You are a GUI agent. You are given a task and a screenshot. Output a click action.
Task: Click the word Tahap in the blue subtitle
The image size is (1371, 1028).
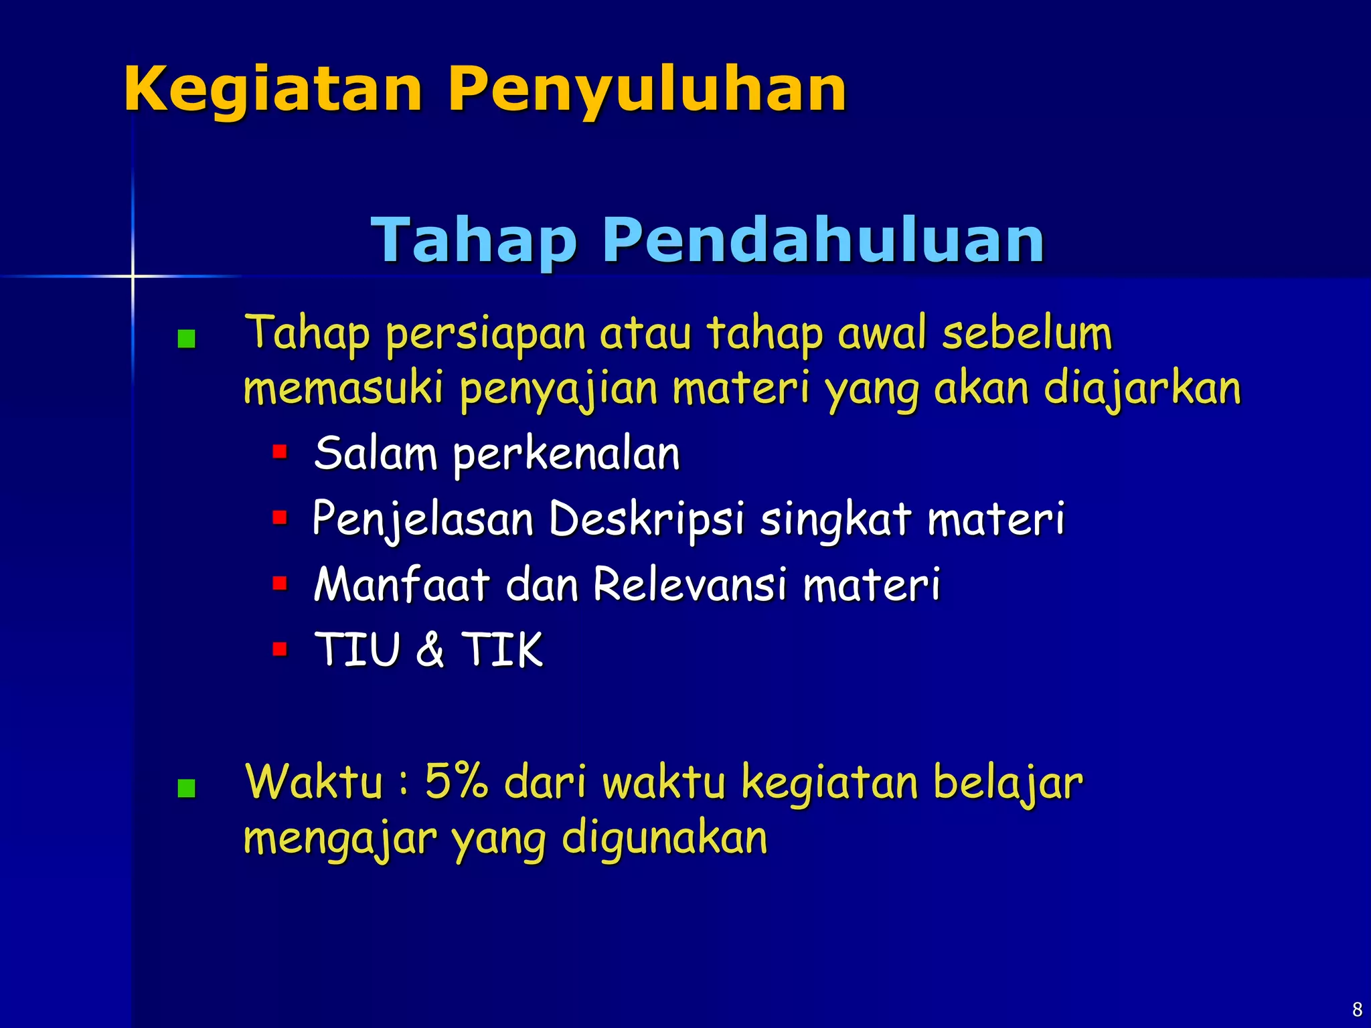coord(473,241)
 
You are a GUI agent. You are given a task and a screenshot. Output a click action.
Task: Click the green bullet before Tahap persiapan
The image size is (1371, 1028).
coord(186,339)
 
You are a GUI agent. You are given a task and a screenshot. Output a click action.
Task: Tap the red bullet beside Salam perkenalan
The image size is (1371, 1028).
coord(280,452)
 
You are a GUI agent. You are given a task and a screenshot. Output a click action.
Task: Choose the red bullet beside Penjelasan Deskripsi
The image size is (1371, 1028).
coord(280,517)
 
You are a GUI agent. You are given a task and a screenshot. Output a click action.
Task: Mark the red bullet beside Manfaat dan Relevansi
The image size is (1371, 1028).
coord(280,583)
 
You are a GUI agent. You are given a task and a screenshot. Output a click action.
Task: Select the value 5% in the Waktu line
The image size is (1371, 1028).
coord(456,781)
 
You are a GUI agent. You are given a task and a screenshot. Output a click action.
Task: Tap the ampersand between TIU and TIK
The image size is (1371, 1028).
coord(430,649)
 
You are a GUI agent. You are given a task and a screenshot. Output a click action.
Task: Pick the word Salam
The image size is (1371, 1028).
coord(376,454)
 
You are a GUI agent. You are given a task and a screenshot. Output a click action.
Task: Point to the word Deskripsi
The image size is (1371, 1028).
coord(646,519)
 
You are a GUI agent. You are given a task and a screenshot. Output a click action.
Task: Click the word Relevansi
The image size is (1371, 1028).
coord(690,584)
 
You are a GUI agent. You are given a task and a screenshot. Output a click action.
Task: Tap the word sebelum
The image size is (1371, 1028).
coord(1027,333)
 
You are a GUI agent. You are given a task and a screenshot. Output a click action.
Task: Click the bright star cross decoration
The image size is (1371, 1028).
coord(133,276)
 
